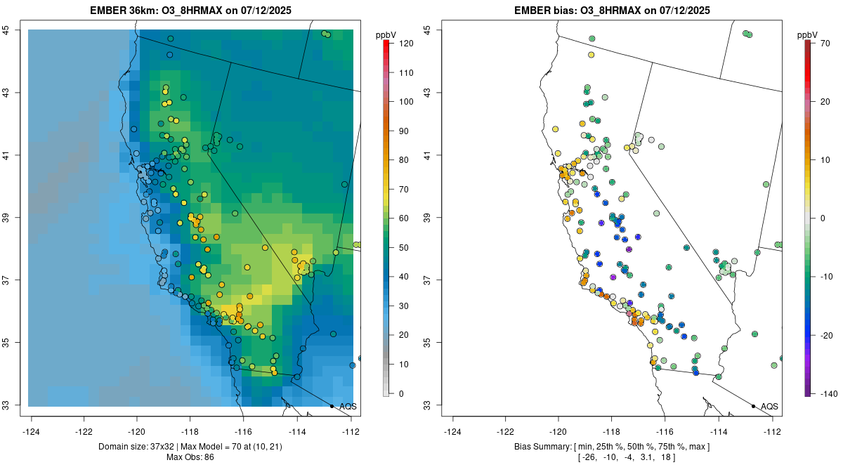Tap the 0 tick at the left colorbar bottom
(400, 394)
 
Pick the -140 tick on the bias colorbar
(823, 394)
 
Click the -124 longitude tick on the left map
(32, 431)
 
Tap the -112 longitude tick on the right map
(772, 431)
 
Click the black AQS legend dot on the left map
(332, 406)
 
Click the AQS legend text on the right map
(769, 406)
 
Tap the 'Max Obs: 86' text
(191, 457)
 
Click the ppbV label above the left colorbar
(386, 34)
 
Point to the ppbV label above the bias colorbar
(807, 34)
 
